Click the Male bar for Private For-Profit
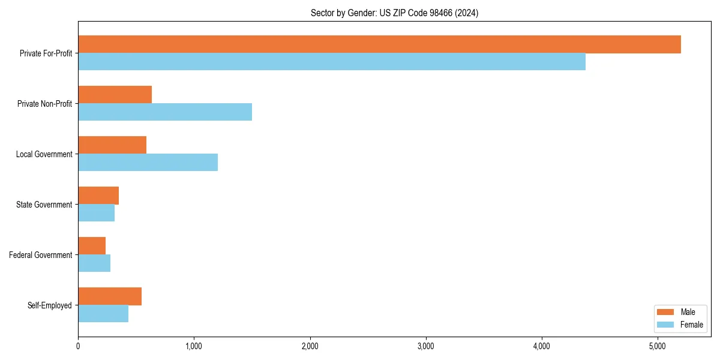[x=379, y=44]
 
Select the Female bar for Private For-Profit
[x=332, y=62]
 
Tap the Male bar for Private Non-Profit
[x=115, y=95]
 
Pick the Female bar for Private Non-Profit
[x=165, y=112]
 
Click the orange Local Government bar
[x=112, y=145]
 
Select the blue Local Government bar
[x=148, y=163]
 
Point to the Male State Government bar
[x=98, y=196]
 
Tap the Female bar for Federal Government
[x=94, y=263]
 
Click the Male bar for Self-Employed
[x=110, y=296]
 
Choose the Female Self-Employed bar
[x=103, y=314]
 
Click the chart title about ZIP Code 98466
[x=394, y=13]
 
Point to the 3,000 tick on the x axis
[x=425, y=346]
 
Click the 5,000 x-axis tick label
[x=658, y=346]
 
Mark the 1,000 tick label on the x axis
[x=194, y=346]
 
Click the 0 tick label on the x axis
[x=78, y=346]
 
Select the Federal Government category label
[x=41, y=255]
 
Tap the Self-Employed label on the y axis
[x=50, y=305]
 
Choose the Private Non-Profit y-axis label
[x=44, y=104]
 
